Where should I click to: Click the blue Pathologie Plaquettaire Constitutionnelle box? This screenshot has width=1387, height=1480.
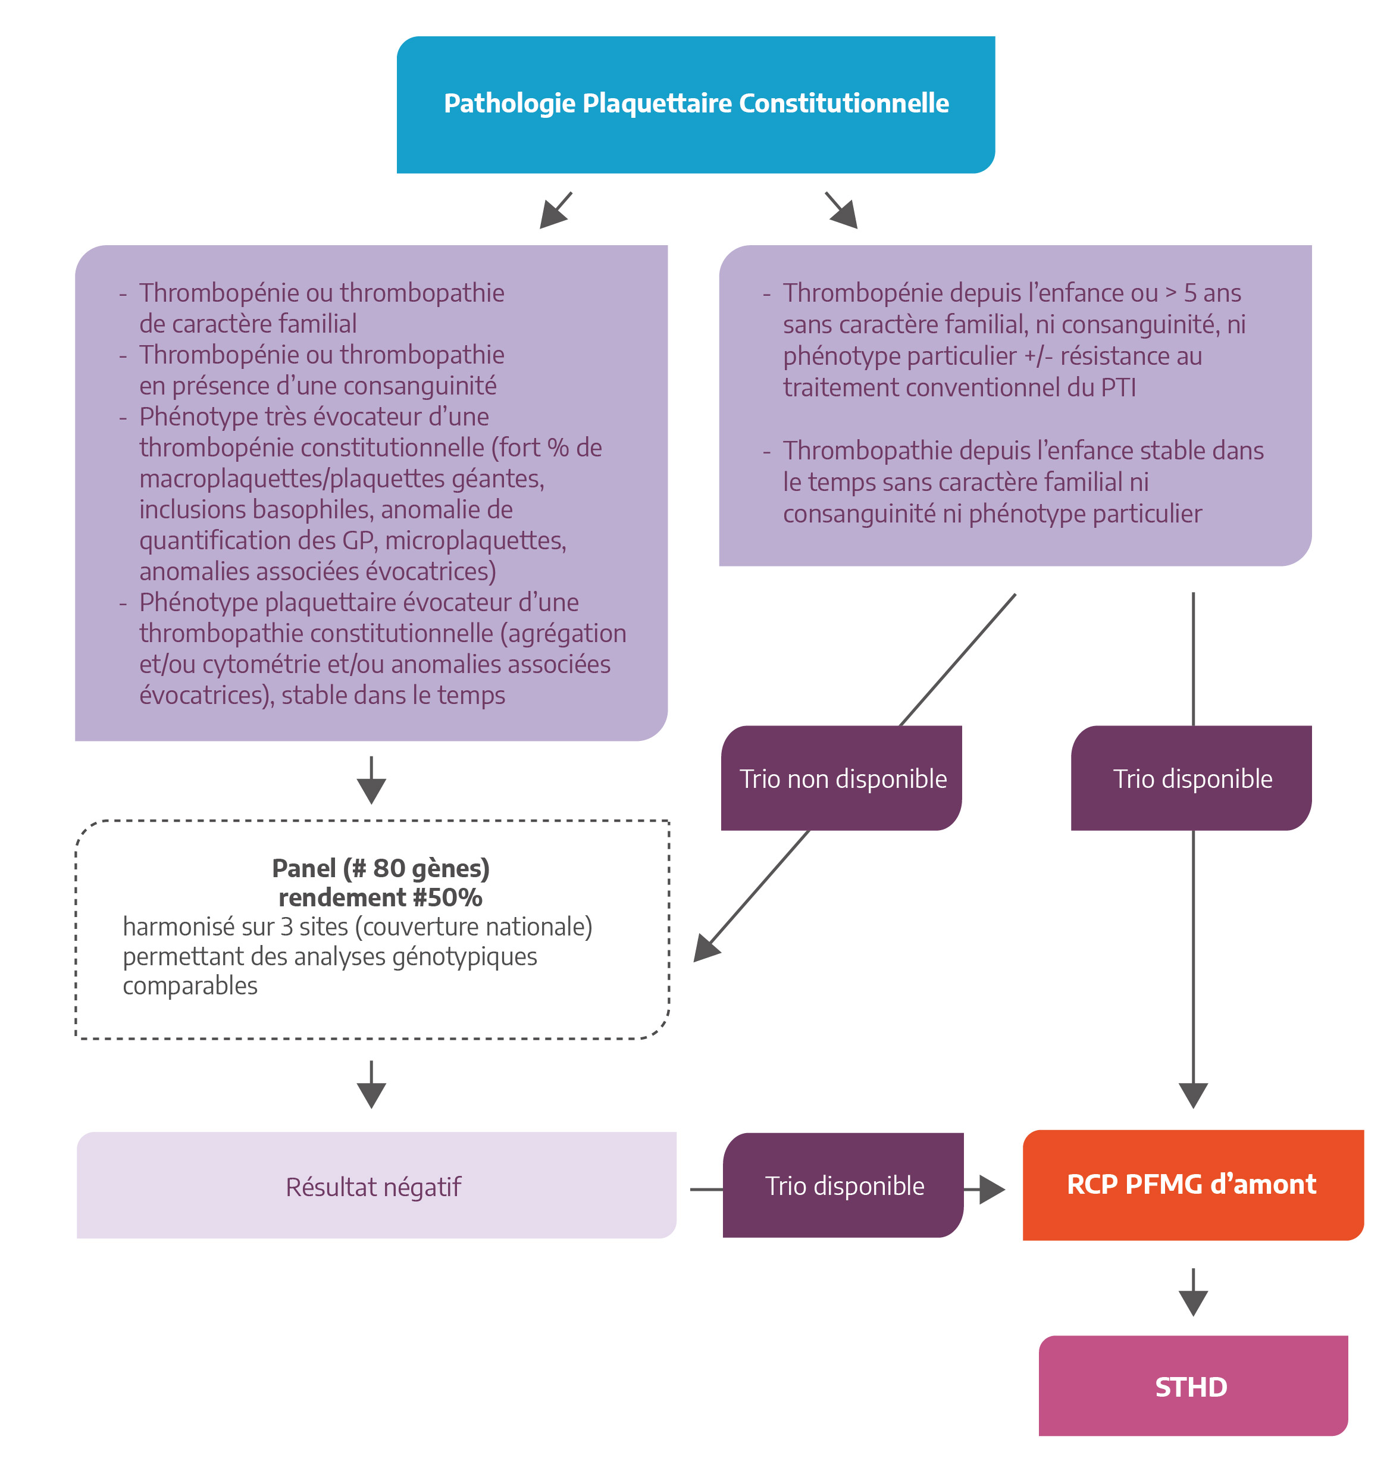pyautogui.click(x=696, y=104)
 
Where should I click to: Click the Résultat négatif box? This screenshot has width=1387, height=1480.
pyautogui.click(x=376, y=1185)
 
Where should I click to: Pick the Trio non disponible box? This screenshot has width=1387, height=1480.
pyautogui.click(x=841, y=778)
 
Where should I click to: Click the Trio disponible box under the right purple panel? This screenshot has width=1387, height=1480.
pyautogui.click(x=1191, y=778)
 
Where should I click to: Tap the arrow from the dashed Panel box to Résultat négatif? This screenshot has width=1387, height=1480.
pyautogui.click(x=371, y=1085)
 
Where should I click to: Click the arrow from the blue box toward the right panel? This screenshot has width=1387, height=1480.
pyautogui.click(x=841, y=210)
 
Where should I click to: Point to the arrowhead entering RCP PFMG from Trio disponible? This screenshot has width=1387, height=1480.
pyautogui.click(x=992, y=1190)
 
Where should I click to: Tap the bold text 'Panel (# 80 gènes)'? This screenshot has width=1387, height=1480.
pyautogui.click(x=380, y=868)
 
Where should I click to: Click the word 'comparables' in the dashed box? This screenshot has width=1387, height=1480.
pyautogui.click(x=190, y=985)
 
